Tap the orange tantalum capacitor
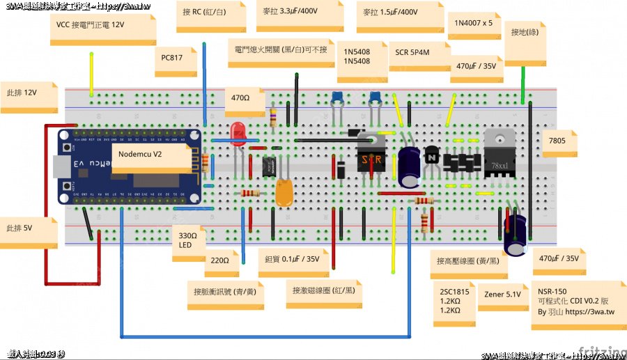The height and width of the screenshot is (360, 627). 284,191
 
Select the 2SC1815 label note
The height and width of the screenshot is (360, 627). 455,302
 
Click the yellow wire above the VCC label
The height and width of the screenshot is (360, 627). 91,73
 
